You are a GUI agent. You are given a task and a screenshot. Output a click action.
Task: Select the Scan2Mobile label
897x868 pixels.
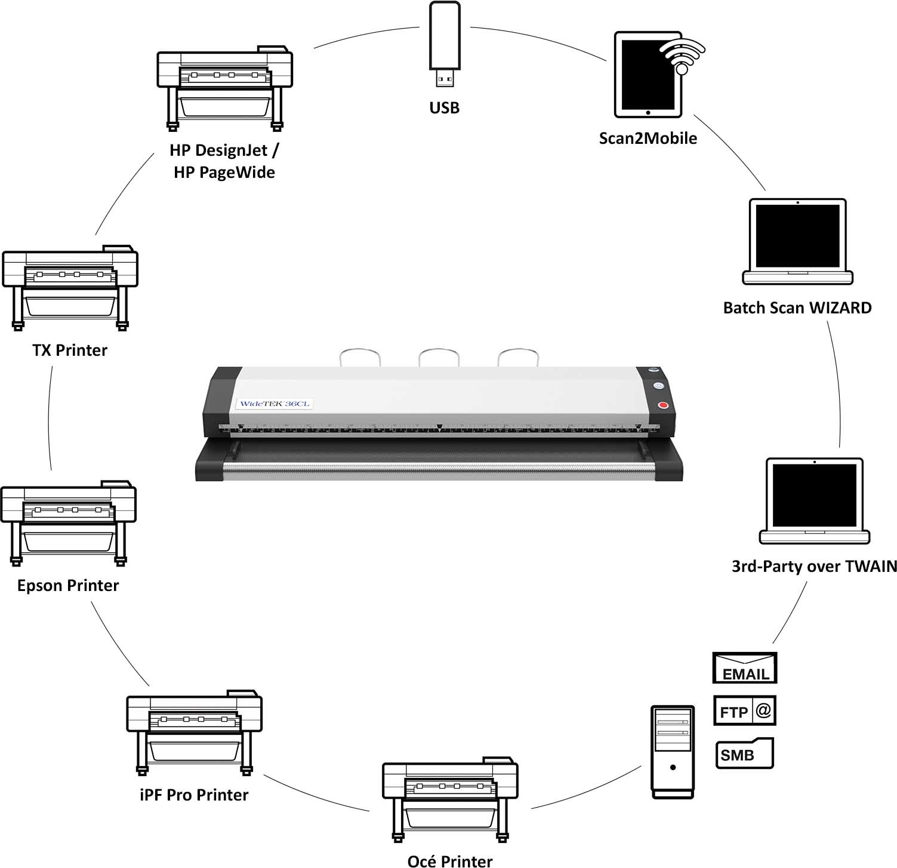click(648, 138)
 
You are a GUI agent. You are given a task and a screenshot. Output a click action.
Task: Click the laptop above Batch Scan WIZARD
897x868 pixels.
click(797, 241)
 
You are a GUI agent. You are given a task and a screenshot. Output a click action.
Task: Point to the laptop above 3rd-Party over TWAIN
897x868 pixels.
click(814, 500)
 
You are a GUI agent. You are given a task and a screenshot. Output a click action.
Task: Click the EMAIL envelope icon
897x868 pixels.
click(745, 668)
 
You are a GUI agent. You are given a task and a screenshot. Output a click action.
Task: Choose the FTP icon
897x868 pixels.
click(744, 711)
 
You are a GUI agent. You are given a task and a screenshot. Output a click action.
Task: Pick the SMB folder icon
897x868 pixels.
click(744, 754)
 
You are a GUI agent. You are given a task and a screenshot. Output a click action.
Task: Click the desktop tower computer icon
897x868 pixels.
click(673, 752)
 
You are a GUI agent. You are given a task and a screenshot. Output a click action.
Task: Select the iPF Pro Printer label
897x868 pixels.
click(194, 795)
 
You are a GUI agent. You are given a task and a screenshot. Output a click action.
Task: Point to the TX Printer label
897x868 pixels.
click(70, 350)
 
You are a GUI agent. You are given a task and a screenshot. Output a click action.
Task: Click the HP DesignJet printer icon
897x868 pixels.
click(224, 88)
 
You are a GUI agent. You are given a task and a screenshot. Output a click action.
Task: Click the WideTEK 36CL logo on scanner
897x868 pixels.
click(274, 404)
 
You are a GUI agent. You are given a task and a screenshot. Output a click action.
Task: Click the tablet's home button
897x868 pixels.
click(648, 112)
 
